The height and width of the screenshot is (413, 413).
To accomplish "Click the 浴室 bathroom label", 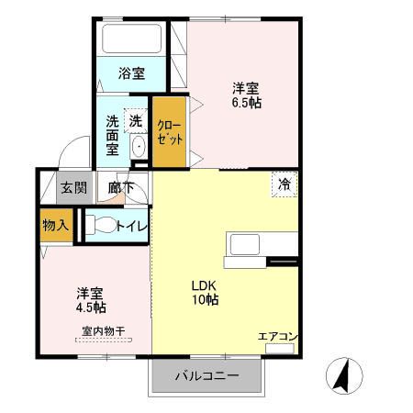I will click(x=132, y=73).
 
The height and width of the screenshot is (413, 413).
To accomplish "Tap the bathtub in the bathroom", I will click(x=131, y=39).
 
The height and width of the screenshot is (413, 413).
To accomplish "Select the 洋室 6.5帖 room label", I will click(x=245, y=95).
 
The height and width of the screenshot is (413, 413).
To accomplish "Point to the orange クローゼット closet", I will click(x=170, y=132).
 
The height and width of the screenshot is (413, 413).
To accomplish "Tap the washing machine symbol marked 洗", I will click(x=135, y=120).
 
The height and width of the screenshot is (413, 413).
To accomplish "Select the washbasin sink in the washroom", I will click(x=139, y=148).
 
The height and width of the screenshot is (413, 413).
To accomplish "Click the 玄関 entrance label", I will click(x=73, y=188).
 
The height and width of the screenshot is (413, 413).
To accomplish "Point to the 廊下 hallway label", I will click(x=120, y=188).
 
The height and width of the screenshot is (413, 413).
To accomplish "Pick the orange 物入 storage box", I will click(x=55, y=225).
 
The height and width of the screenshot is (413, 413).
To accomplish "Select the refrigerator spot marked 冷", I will click(x=285, y=184).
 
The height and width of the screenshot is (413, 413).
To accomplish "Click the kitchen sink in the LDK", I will click(x=246, y=246).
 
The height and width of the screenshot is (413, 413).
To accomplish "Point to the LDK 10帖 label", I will click(x=204, y=292).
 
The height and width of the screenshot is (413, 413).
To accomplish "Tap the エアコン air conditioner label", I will click(x=277, y=337).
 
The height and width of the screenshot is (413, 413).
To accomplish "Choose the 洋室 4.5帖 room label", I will click(x=90, y=300).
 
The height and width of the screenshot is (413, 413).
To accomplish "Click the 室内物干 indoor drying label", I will click(x=103, y=330).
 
